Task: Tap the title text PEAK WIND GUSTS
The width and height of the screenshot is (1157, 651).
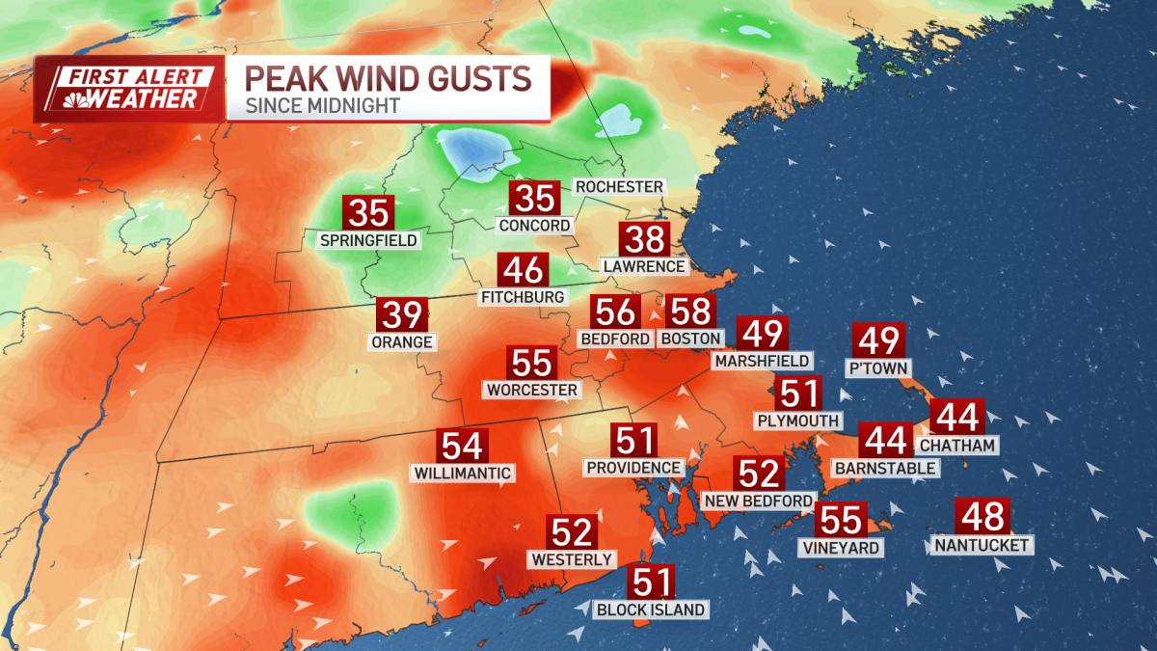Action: pos(388,77)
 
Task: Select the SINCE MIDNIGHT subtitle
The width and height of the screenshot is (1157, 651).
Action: pos(323,106)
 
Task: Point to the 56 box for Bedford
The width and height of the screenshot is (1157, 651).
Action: pos(615,312)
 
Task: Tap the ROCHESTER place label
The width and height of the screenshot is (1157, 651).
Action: pos(619,186)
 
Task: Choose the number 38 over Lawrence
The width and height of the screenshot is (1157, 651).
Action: pos(643,238)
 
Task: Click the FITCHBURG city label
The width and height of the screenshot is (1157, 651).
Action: pos(522,297)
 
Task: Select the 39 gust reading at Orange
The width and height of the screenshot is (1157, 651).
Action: pos(401,315)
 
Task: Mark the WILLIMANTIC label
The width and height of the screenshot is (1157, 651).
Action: pos(462,474)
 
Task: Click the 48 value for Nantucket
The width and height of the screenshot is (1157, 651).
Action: pos(982,517)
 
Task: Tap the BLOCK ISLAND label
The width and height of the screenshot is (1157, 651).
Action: pos(651,610)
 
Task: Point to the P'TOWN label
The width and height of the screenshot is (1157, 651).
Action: pos(877,367)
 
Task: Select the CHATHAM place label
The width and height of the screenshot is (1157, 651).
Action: pos(956,445)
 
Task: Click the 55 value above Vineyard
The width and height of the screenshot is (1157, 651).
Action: pos(841,520)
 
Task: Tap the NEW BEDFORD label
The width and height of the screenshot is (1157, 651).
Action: pos(759,501)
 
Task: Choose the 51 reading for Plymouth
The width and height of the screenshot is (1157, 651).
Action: pos(798,393)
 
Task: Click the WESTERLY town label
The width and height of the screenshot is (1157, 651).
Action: pos(572,559)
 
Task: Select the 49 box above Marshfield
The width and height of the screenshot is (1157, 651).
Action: pos(763,334)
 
